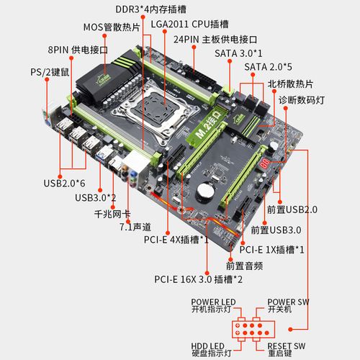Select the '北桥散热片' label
294,84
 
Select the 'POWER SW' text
287,301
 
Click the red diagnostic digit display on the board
266,164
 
